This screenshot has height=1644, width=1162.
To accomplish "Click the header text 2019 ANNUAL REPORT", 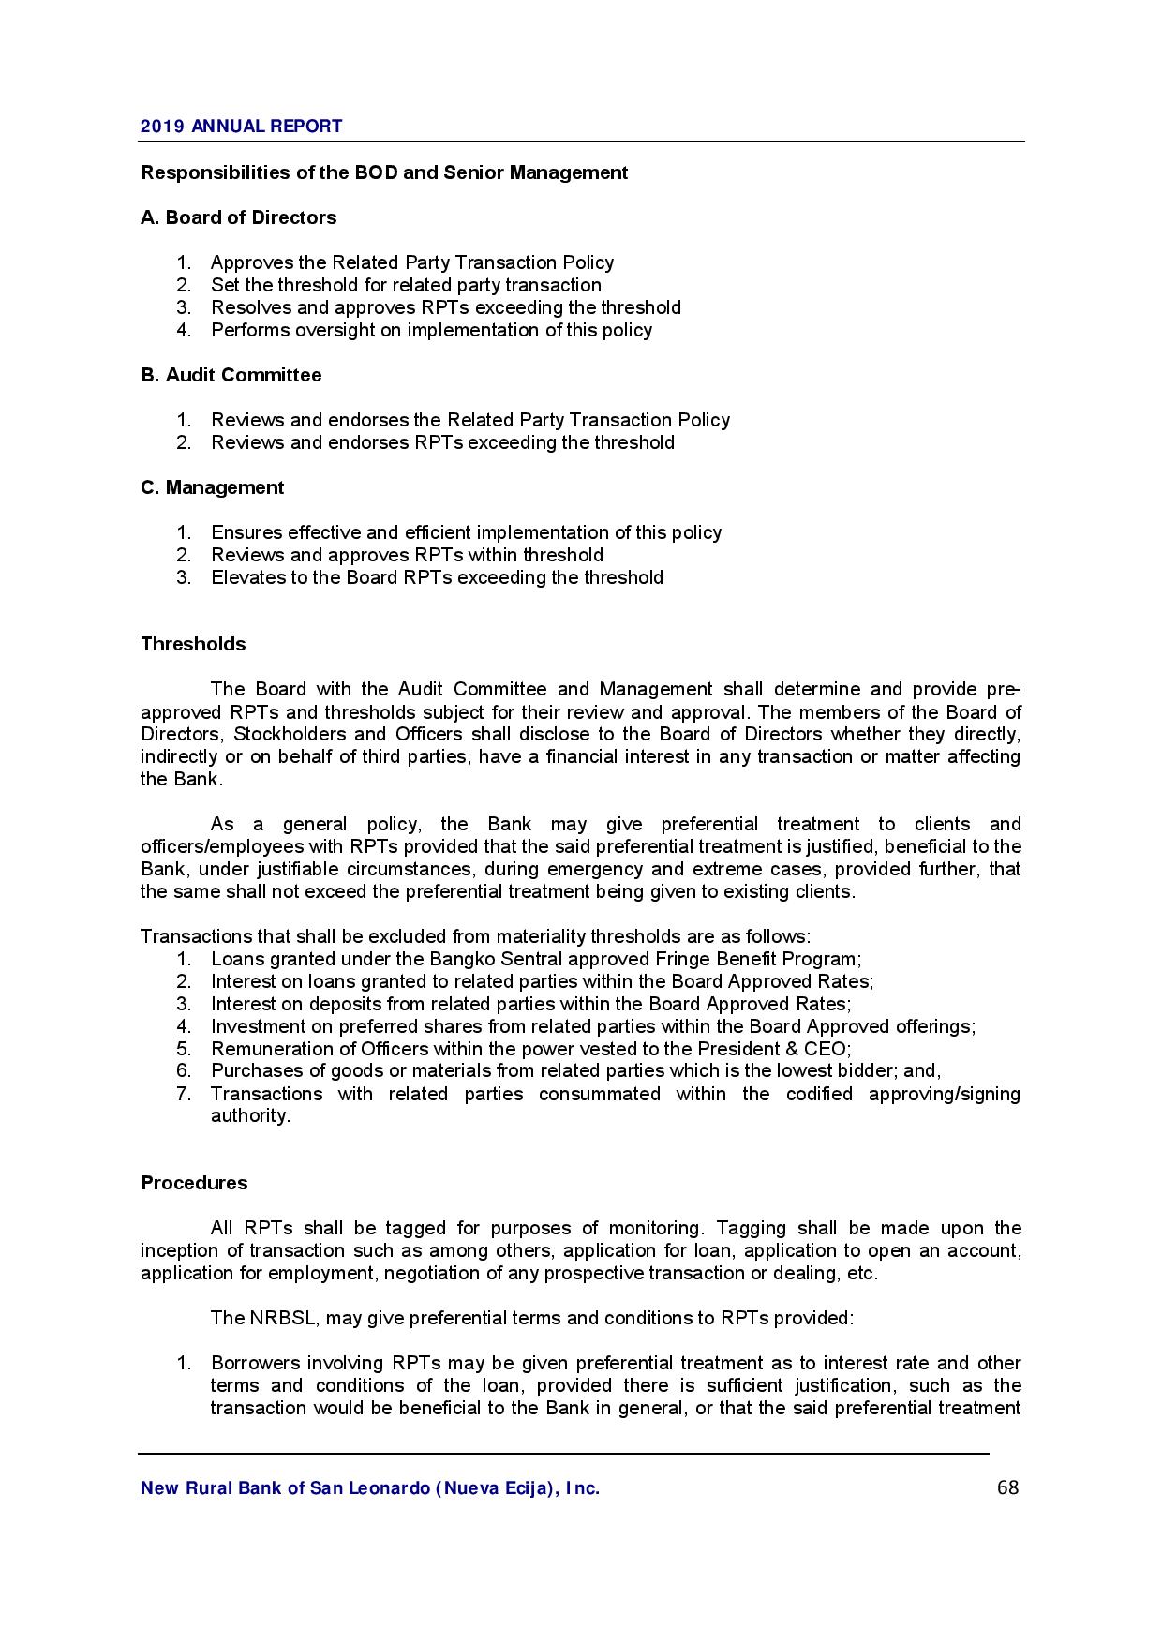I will [241, 127].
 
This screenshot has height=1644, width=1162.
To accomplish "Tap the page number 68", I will [1008, 1487].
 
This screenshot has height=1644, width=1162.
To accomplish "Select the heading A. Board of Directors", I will [238, 217].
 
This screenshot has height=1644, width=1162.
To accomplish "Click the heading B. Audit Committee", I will [231, 375].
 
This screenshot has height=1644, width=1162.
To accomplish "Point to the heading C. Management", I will [212, 487].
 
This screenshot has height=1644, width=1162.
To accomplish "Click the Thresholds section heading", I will [193, 644].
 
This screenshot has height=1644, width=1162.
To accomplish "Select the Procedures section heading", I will [194, 1183].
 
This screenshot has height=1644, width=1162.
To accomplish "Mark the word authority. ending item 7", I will [250, 1115].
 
